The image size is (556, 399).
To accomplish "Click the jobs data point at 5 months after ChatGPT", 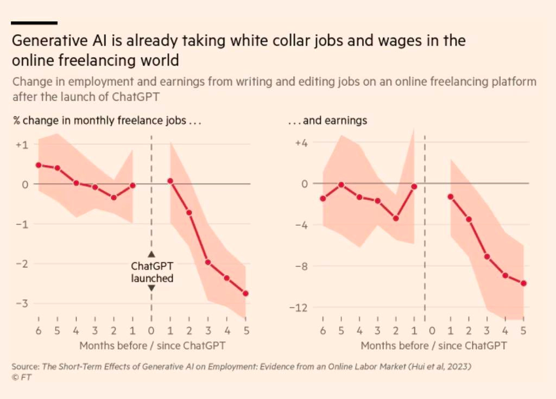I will [245, 294].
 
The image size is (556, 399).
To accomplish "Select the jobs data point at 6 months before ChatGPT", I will [39, 165].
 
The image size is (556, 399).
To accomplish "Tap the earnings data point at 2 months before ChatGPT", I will [396, 218].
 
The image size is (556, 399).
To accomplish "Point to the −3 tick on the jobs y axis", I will [21, 303].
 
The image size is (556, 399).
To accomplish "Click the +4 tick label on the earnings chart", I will [301, 143].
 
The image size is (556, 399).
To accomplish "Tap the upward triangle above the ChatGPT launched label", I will [151, 254].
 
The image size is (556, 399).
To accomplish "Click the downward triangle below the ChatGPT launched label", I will [151, 288].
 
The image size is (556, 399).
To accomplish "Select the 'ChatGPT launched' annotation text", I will [151, 272].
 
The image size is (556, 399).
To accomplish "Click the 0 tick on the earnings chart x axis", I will [432, 330].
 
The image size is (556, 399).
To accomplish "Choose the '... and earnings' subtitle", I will [327, 121].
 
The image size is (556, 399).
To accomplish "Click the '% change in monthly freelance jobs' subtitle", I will [107, 121].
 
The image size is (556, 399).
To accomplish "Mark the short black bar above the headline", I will [34, 23].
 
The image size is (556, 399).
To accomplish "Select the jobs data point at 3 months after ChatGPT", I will [207, 262].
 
